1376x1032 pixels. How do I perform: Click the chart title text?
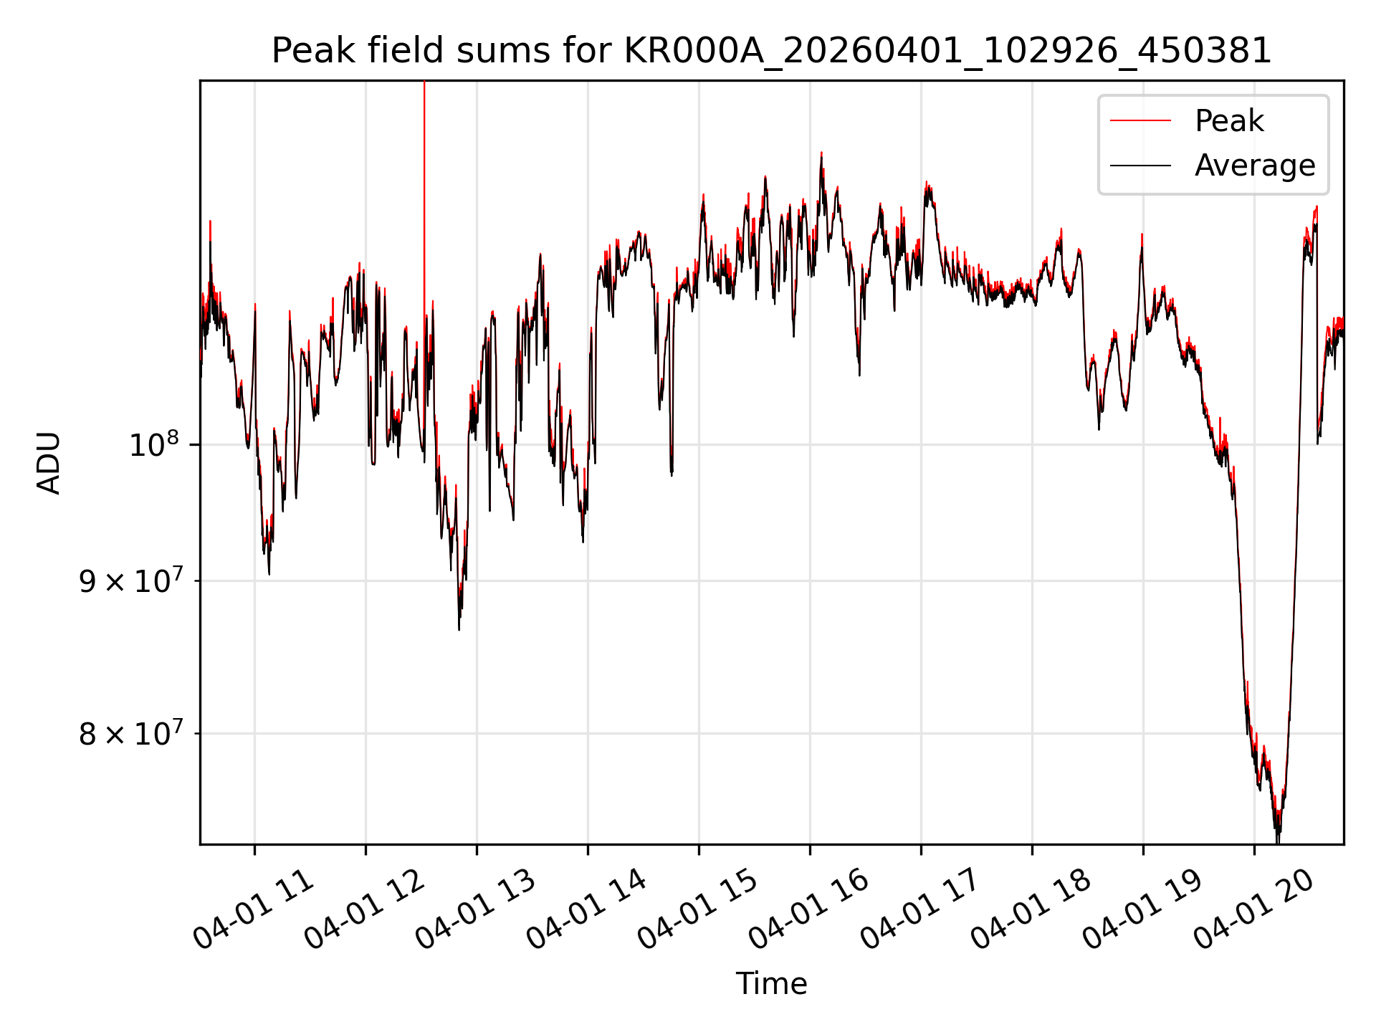(771, 52)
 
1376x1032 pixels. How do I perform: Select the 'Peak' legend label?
(1229, 121)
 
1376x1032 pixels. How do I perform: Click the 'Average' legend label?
(1255, 166)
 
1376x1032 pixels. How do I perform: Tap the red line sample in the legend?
(1141, 121)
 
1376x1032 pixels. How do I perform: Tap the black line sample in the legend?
(1141, 166)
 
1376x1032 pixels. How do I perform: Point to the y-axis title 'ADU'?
(49, 462)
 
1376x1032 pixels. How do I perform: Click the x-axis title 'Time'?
(771, 984)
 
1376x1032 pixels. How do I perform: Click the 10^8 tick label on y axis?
(153, 444)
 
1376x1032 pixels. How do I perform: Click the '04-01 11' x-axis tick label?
(254, 910)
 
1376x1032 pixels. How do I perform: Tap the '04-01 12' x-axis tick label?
(365, 910)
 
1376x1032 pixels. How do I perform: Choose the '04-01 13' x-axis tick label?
(476, 910)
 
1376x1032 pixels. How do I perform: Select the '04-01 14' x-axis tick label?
(587, 910)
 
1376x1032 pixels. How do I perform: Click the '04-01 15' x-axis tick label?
(698, 910)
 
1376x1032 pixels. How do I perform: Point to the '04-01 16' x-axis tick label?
(809, 910)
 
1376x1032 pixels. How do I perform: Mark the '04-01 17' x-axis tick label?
(920, 910)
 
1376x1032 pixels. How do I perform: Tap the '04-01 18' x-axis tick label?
(1031, 910)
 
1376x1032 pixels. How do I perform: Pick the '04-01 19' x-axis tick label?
(1142, 910)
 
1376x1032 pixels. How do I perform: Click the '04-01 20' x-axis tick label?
(1253, 910)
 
